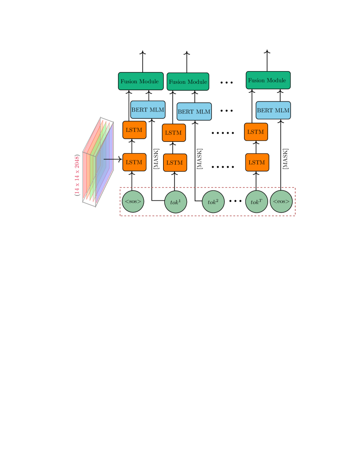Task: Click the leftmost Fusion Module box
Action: (x=141, y=81)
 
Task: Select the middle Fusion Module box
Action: (x=188, y=81)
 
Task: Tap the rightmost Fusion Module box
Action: (x=268, y=80)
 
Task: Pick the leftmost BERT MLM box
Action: (x=148, y=110)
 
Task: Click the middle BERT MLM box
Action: (x=194, y=111)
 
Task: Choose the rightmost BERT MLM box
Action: (x=273, y=110)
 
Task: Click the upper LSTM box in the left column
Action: (x=134, y=130)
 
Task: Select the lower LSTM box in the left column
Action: (x=134, y=162)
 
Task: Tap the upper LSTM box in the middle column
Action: (x=174, y=133)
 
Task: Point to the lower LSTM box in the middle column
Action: (x=175, y=163)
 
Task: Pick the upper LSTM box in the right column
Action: (x=256, y=132)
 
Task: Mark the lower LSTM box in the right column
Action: (x=257, y=162)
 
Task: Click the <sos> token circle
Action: (x=133, y=202)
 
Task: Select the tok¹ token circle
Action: (x=176, y=202)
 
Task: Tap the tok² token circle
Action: (x=213, y=202)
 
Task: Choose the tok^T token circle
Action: (x=256, y=202)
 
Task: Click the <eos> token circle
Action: (x=281, y=202)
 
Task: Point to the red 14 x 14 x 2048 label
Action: (x=77, y=175)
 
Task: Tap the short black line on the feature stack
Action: (x=109, y=159)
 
